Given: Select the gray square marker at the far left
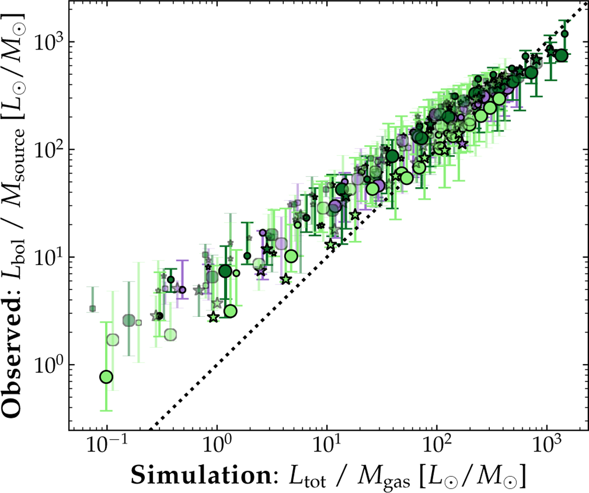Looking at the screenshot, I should pos(92,309).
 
